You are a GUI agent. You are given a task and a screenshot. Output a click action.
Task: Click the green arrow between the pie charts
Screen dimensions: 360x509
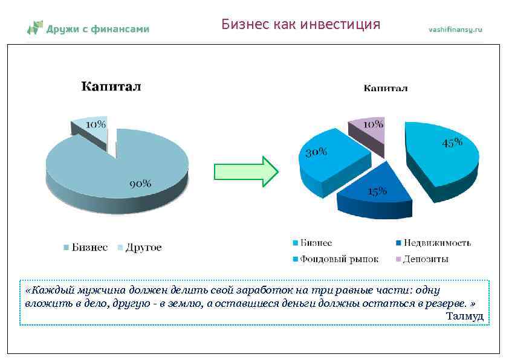tap(245, 172)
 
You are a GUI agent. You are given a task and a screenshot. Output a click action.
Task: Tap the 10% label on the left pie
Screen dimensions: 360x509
tap(96, 124)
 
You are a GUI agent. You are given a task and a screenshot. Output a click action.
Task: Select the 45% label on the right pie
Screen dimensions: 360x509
tap(452, 143)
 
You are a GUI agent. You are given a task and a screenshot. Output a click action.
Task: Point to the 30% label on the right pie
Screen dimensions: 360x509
tap(316, 152)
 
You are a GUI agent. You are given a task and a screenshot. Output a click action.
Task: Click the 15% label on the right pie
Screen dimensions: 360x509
tap(377, 191)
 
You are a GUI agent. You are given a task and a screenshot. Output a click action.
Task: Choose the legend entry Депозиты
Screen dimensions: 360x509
tap(426, 259)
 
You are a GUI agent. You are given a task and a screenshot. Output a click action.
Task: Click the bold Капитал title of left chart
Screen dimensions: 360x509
tap(111, 86)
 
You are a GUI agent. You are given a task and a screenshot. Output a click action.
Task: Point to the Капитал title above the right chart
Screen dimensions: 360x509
tap(385, 88)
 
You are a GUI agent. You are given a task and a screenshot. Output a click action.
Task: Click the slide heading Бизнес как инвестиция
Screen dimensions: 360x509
tap(300, 24)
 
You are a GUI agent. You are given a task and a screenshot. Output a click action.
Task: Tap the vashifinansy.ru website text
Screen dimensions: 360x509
tap(456, 29)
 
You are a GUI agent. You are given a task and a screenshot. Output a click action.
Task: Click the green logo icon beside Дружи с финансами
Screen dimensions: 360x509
tap(35, 27)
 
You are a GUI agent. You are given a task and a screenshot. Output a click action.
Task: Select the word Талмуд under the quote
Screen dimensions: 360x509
tap(464, 315)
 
